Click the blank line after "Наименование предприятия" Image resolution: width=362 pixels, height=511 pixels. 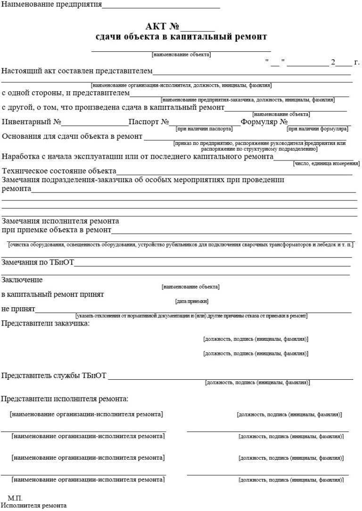(161, 8)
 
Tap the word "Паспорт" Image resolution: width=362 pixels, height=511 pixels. (144, 122)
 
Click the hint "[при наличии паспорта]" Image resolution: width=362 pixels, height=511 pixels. (204, 128)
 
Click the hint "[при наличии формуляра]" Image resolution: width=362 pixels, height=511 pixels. (317, 128)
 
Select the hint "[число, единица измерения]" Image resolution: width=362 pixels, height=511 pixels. (326, 163)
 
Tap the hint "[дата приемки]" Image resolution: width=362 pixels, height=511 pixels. (191, 301)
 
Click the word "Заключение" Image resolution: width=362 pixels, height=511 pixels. (22, 280)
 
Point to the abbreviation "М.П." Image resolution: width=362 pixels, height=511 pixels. (15, 498)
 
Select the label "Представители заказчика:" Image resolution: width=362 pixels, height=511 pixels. (45, 323)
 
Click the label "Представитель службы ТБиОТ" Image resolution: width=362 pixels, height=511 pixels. (54, 375)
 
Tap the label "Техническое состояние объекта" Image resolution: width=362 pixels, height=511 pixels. (59, 171)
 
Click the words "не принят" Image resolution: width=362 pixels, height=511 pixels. (18, 309)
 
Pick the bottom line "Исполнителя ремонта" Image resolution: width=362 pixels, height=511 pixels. (33, 506)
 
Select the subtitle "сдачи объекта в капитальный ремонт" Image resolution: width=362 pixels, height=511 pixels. (181, 37)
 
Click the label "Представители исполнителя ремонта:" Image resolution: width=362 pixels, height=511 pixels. (65, 399)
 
